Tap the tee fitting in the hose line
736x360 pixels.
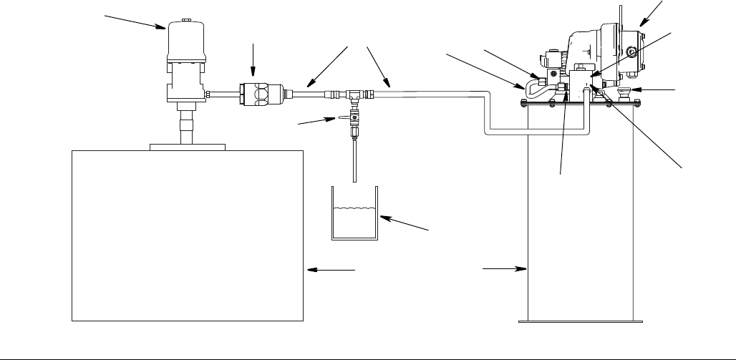point(353,93)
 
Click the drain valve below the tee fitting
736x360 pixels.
point(353,122)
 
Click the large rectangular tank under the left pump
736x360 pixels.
point(188,236)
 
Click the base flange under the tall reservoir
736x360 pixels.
point(581,321)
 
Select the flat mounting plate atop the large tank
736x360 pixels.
point(188,147)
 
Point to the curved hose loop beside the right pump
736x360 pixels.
point(531,90)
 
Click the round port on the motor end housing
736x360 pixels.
point(632,51)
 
